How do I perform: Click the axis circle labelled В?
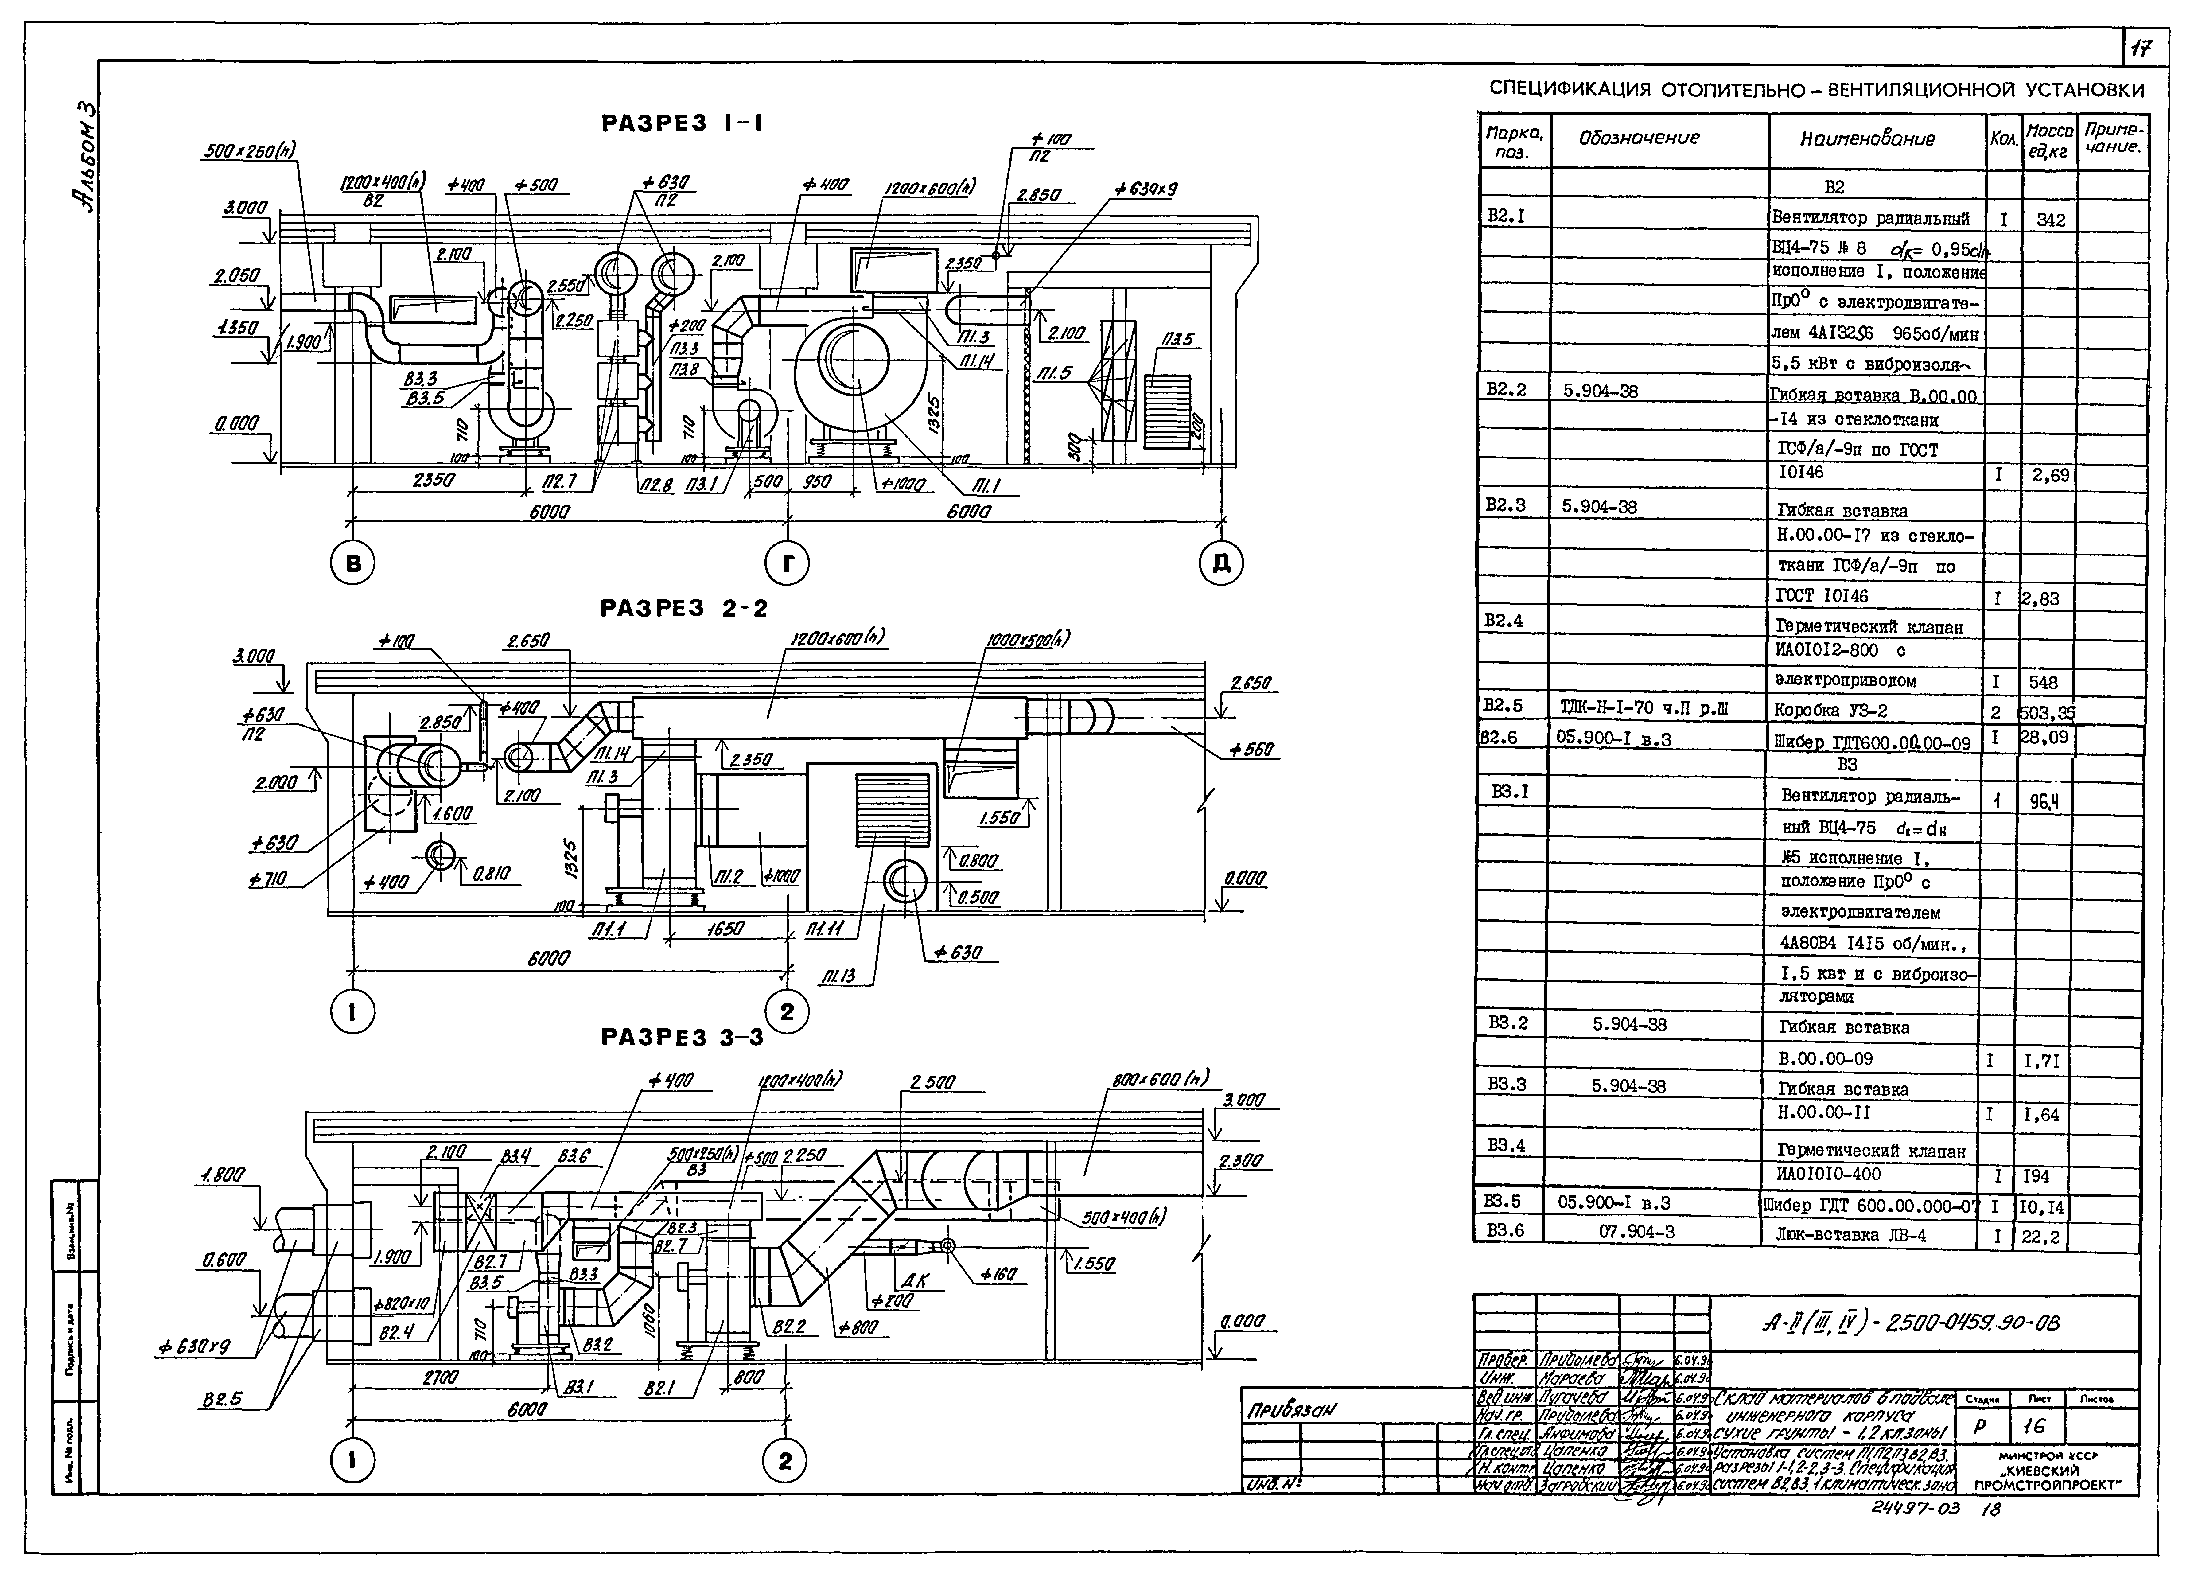coord(353,563)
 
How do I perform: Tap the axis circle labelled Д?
coord(1221,563)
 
